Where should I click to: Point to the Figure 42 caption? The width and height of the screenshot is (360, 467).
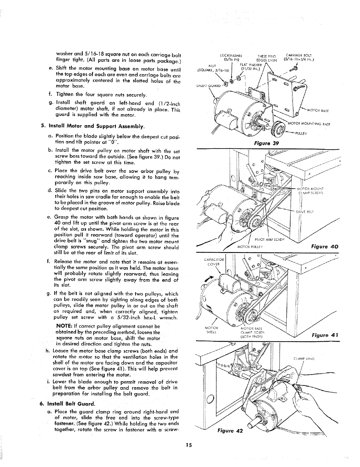(229, 431)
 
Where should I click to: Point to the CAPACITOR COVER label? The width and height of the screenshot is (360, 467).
(210, 262)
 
